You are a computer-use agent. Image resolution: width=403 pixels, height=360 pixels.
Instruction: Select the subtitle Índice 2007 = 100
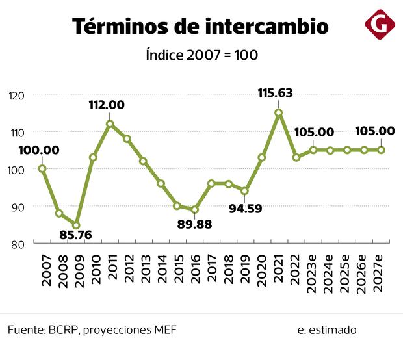click(x=201, y=55)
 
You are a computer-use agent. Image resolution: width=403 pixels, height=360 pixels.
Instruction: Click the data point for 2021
click(x=279, y=113)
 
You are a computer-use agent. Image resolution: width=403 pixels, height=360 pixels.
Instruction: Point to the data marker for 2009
click(x=76, y=225)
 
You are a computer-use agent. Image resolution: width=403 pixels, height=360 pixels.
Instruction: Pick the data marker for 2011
click(x=110, y=123)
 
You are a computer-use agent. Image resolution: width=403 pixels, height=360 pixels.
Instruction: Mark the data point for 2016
click(x=194, y=210)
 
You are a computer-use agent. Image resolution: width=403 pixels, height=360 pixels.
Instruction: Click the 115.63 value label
click(x=275, y=94)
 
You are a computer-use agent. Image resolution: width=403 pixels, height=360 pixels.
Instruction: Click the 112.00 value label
click(x=107, y=105)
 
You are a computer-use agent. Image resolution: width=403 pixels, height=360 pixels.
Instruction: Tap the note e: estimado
click(x=327, y=329)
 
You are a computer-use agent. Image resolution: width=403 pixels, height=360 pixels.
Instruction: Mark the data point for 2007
click(x=42, y=168)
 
